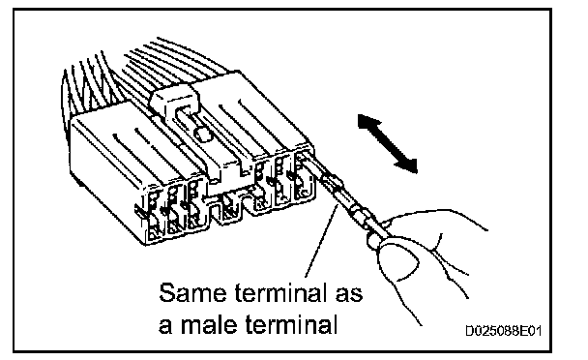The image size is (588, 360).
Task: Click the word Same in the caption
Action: (x=192, y=292)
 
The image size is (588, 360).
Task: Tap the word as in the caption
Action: (x=349, y=294)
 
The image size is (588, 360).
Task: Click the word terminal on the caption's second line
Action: (x=292, y=324)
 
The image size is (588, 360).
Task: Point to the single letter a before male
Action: (x=165, y=326)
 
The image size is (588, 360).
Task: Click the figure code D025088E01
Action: (x=504, y=331)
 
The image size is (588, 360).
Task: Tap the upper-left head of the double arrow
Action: (x=367, y=122)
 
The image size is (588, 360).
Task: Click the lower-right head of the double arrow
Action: (x=407, y=165)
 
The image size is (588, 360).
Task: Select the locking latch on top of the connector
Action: (x=175, y=99)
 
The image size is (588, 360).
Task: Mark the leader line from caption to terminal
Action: (x=321, y=241)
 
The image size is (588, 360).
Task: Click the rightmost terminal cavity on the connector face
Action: (x=303, y=176)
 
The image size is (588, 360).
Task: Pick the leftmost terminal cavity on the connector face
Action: (x=154, y=215)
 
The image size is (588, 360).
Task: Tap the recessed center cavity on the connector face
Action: (x=228, y=206)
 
